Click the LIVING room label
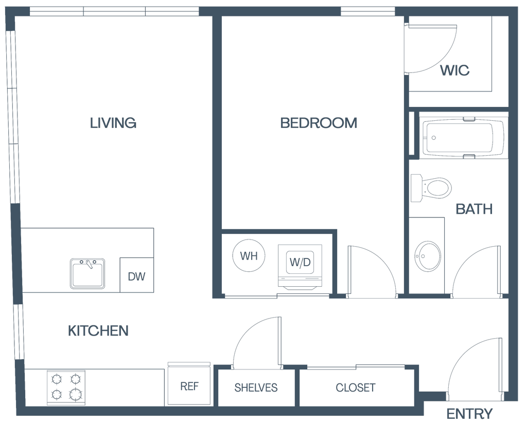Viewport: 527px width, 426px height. point(113,122)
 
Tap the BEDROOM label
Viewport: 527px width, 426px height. point(319,122)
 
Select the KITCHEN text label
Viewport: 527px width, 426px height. point(98,330)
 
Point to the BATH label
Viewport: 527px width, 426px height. point(475,209)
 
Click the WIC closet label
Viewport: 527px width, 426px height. point(455,71)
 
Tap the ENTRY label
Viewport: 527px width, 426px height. point(469,413)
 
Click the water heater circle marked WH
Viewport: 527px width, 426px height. point(250,255)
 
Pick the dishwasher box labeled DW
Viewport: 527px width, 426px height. point(137,276)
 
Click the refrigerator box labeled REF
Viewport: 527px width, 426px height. point(189,386)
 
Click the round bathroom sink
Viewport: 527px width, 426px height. point(427,255)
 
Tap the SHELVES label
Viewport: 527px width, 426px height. point(256,387)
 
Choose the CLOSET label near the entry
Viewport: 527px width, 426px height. point(356,387)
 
